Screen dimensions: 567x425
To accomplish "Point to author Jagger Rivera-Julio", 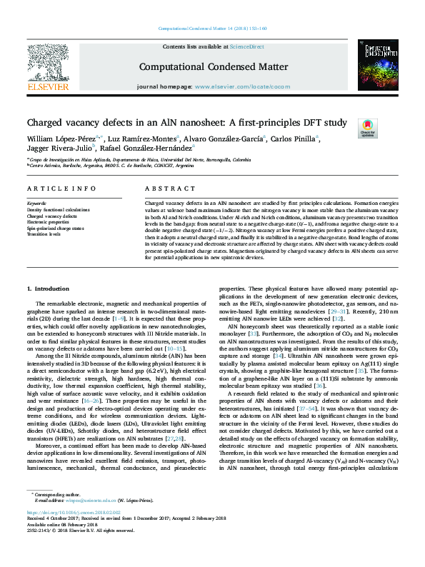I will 54,149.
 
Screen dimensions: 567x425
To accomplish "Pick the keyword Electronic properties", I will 48,221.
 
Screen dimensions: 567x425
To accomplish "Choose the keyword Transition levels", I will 44,234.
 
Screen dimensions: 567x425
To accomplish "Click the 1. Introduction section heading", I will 47,288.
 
